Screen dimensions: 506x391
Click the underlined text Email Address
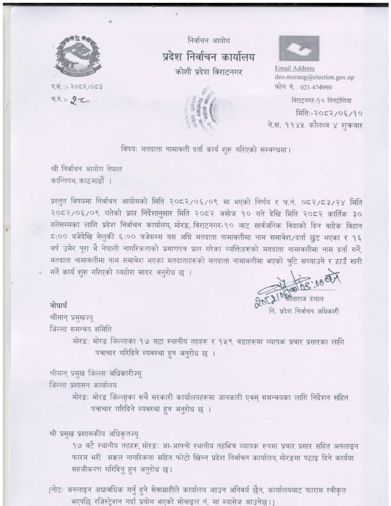(x=295, y=68)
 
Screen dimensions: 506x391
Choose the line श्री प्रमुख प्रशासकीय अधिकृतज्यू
(x=95, y=432)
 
